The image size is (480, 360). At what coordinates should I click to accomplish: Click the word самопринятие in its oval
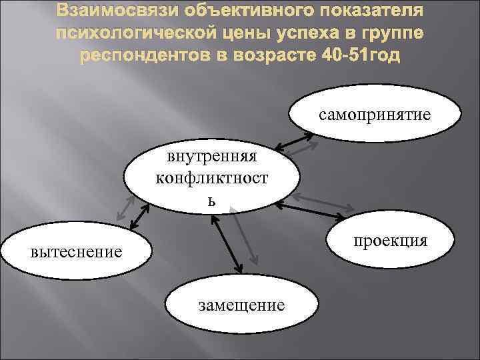point(375,115)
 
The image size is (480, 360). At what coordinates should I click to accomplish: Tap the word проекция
point(391,241)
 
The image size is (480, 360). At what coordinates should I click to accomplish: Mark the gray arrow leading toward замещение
point(244,236)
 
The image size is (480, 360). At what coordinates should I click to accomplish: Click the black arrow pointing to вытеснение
point(141,216)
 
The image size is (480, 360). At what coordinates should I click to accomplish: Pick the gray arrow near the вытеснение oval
point(123,207)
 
